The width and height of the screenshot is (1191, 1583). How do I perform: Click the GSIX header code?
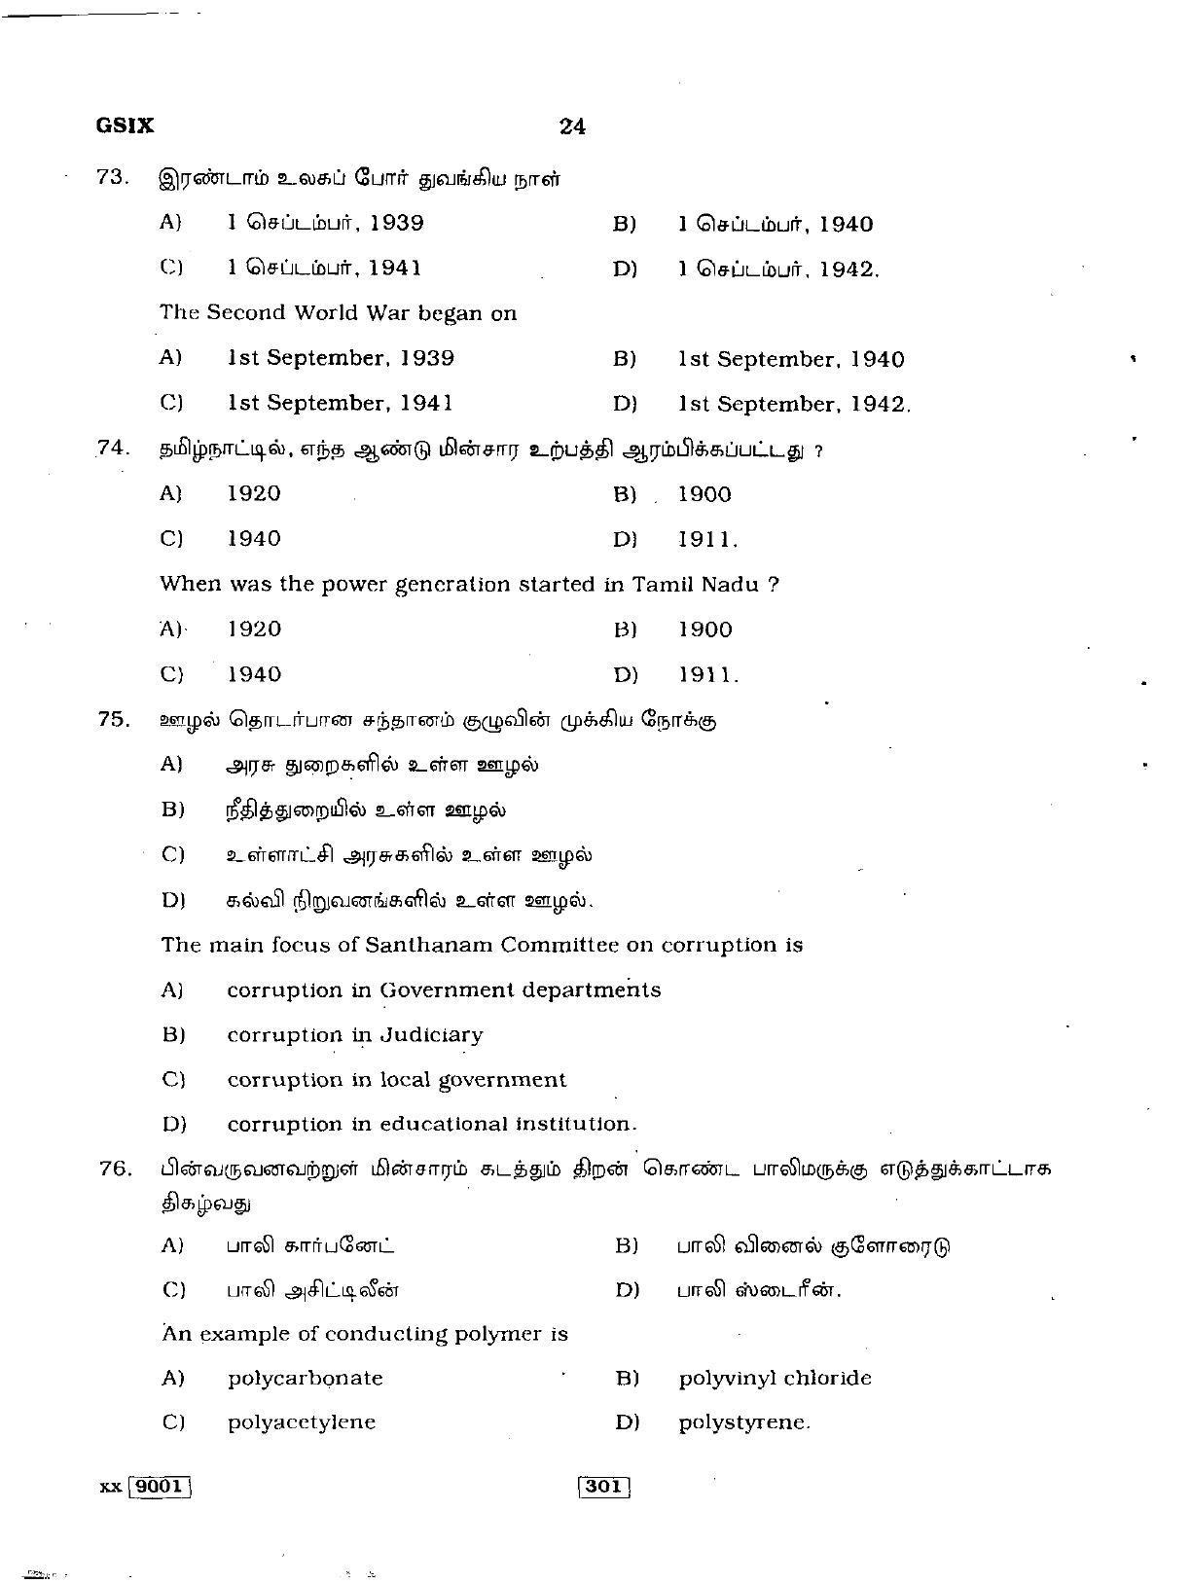click(x=125, y=126)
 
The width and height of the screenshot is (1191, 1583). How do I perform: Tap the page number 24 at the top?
click(x=572, y=126)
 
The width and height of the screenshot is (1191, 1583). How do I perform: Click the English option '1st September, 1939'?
click(x=341, y=358)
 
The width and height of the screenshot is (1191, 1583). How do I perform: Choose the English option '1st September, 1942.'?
click(x=794, y=404)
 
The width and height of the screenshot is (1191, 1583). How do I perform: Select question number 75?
click(x=113, y=719)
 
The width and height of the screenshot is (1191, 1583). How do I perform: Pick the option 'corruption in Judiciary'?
click(x=355, y=1035)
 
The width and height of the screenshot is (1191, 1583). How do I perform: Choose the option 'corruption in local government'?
click(x=396, y=1080)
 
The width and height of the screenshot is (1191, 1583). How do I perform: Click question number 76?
click(x=114, y=1169)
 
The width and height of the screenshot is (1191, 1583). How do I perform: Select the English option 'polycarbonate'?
click(x=306, y=1379)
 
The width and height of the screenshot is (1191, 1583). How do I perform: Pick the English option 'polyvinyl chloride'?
click(x=775, y=1379)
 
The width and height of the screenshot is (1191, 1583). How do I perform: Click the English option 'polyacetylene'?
click(x=302, y=1422)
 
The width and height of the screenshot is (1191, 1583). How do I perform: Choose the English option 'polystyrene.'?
click(x=744, y=1422)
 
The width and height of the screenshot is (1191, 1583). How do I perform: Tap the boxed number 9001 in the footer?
click(x=160, y=1487)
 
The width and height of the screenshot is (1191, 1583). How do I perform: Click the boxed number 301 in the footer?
click(x=603, y=1487)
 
